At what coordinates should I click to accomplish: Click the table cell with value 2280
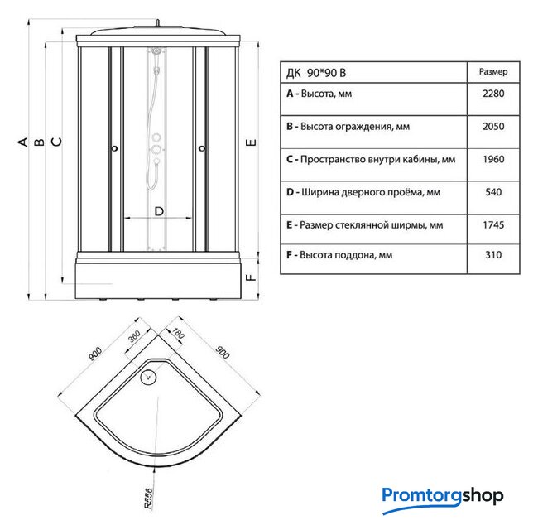pos(493,94)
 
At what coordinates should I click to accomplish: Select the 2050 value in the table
pos(493,127)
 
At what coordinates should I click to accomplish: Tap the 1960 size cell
pos(493,160)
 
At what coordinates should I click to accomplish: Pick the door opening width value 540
pos(493,192)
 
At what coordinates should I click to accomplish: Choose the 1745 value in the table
pos(493,225)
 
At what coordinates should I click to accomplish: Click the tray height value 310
pos(493,255)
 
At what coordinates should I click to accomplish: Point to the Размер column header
pos(493,72)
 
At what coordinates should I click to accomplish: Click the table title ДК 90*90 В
pos(316,73)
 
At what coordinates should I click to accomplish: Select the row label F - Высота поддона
pos(339,255)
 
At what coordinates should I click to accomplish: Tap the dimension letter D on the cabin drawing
pos(159,211)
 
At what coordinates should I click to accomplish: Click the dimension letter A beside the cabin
pos(23,142)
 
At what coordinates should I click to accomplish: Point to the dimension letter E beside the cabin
pos(251,142)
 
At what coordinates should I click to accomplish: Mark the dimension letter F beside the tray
pos(251,277)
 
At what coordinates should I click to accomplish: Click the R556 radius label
pos(148,499)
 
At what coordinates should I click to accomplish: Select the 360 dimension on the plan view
pos(134,337)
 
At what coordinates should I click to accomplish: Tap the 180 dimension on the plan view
pos(178,333)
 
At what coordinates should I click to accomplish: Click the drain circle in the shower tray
pos(148,377)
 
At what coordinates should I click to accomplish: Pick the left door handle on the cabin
pos(115,148)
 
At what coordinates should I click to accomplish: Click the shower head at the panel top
pos(156,51)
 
